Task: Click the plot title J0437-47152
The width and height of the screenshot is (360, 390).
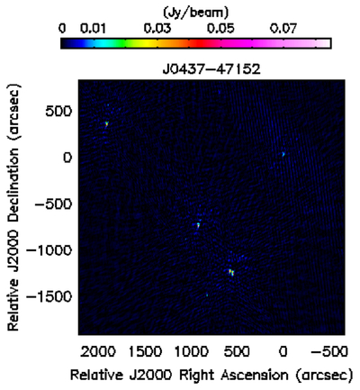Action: click(x=211, y=69)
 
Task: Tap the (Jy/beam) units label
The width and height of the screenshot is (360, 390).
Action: click(x=195, y=13)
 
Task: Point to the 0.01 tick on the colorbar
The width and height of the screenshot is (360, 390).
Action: click(x=93, y=29)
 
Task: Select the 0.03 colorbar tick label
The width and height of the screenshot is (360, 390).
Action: click(x=157, y=29)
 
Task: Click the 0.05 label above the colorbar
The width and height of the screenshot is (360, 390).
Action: click(x=220, y=29)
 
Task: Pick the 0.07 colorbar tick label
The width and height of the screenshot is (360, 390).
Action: click(x=283, y=29)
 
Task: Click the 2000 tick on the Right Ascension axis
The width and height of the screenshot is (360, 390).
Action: click(x=98, y=351)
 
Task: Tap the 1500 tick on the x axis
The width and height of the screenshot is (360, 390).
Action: click(x=145, y=351)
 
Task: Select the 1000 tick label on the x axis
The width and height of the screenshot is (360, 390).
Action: click(x=192, y=351)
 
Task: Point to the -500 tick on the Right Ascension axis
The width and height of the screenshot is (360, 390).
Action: click(x=329, y=351)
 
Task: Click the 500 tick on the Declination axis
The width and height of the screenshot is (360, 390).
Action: click(x=58, y=112)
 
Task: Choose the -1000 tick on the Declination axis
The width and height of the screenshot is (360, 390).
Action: click(x=49, y=250)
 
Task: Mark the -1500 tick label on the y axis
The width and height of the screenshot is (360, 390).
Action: click(x=49, y=296)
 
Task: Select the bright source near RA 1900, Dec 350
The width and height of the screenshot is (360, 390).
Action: click(x=106, y=123)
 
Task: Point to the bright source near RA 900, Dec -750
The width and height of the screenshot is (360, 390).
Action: click(x=198, y=225)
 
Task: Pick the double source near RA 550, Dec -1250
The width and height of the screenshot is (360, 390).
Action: click(x=230, y=272)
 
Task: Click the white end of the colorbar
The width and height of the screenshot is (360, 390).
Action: click(x=327, y=43)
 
